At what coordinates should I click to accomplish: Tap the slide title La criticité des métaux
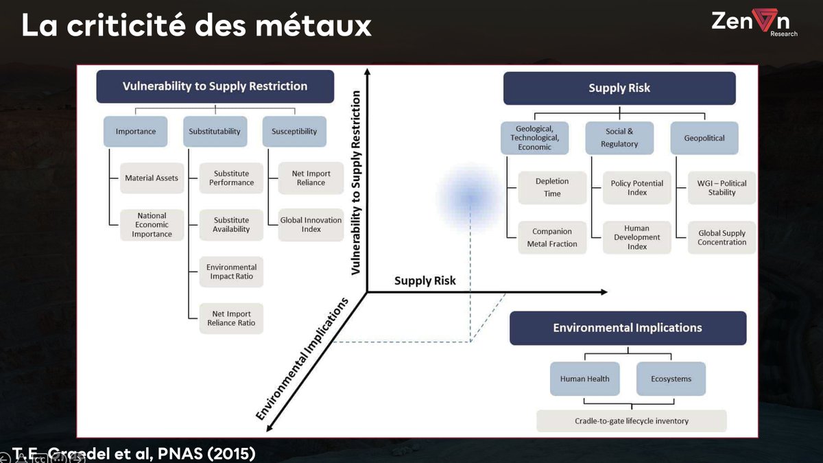[x=197, y=26]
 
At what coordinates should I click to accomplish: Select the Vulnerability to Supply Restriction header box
[x=215, y=86]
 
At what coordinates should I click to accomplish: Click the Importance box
[x=136, y=131]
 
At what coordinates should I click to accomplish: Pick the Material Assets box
[x=152, y=178]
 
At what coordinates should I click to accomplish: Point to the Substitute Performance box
[x=231, y=178]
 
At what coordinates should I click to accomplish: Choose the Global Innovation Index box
[x=311, y=225]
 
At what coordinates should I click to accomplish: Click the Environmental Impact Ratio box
[x=231, y=272]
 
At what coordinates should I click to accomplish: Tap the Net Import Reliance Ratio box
[x=231, y=318]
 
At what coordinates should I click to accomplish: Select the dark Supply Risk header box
[x=619, y=88]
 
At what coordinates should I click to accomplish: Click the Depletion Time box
[x=552, y=187]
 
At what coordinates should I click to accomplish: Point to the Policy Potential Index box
[x=636, y=188]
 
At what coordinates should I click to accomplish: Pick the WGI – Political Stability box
[x=721, y=188]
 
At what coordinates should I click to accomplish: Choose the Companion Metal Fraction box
[x=552, y=237]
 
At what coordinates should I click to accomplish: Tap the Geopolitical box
[x=704, y=138]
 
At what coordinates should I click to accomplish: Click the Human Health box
[x=584, y=379]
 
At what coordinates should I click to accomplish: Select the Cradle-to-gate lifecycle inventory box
[x=631, y=420]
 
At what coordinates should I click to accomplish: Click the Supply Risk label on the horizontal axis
[x=425, y=281]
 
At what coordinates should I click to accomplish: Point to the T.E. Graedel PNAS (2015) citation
[x=134, y=454]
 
